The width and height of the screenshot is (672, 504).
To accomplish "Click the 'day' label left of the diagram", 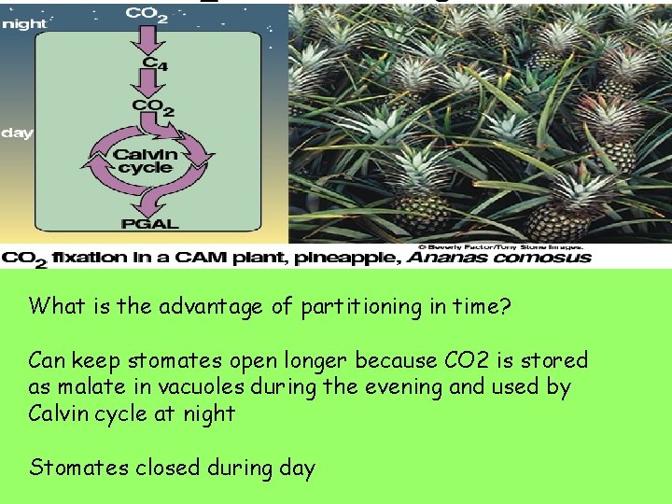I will pos(17,133).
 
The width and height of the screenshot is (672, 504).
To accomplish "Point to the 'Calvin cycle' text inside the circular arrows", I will pos(144,161).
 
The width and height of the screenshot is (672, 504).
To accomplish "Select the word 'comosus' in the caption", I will pos(546,257).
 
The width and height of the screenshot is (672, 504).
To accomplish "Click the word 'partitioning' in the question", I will pos(352,306).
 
